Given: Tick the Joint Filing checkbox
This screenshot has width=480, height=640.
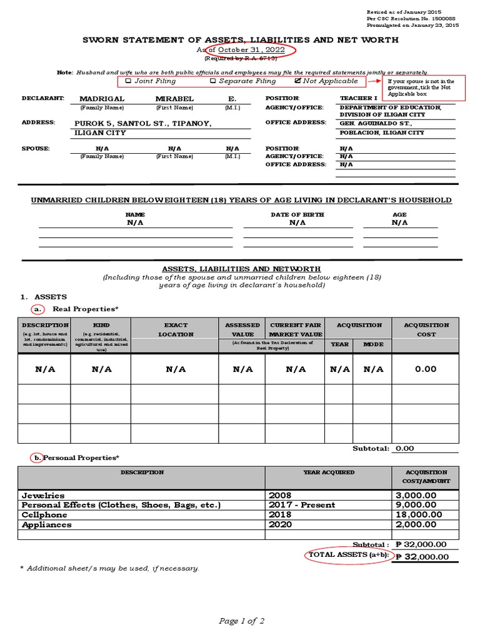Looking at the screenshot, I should (128, 81).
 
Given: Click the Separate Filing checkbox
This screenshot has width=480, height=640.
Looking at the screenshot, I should (213, 81).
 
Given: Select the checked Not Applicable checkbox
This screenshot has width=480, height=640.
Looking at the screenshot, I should (297, 81).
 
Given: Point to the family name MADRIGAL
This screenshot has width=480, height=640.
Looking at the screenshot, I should (102, 99).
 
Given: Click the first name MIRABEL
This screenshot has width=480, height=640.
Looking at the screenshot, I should (174, 99).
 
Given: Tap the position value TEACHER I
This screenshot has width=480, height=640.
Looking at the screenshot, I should (359, 99).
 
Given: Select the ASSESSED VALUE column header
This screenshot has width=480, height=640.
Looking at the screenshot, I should (242, 329).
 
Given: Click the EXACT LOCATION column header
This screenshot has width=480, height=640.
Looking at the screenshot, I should (176, 329).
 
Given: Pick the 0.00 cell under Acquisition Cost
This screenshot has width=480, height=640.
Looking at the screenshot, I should (426, 369).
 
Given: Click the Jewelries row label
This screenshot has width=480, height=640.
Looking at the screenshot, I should (43, 495).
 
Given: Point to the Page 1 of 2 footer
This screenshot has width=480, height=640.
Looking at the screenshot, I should (242, 621).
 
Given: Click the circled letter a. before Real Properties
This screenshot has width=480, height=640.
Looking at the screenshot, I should (38, 309).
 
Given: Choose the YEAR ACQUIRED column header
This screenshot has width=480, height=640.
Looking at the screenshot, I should (329, 472).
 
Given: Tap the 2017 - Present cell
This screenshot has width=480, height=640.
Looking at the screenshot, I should (302, 505).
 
